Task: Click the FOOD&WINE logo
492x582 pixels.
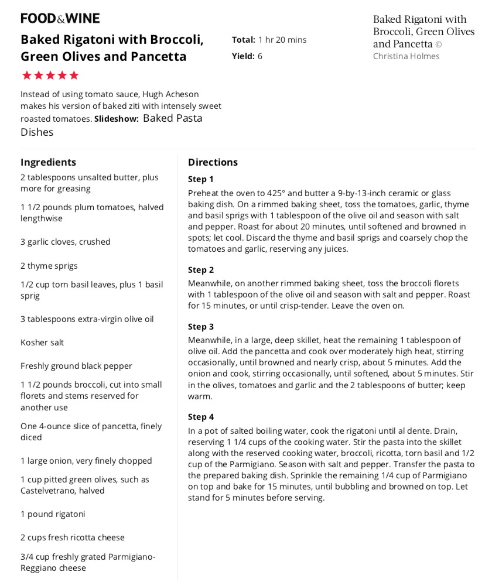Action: (60, 18)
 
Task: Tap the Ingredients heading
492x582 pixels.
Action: (48, 162)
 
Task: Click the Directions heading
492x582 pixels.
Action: (213, 162)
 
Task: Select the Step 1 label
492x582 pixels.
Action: (201, 179)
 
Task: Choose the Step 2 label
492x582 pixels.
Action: (201, 270)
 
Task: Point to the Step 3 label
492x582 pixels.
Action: (201, 327)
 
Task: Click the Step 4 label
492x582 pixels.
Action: (201, 417)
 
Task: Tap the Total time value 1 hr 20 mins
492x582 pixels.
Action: (282, 40)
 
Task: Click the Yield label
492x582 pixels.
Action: (243, 56)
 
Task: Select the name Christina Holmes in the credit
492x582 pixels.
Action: (406, 56)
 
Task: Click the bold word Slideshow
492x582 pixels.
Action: (117, 119)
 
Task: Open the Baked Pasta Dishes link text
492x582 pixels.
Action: (111, 125)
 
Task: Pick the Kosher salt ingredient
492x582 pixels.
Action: (42, 343)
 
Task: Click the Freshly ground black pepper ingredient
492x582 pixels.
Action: (76, 366)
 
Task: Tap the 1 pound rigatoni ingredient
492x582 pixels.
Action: (53, 514)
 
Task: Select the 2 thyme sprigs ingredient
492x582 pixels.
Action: (49, 266)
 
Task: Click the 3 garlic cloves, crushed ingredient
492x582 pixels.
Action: (66, 242)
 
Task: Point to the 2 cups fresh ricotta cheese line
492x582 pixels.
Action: (73, 538)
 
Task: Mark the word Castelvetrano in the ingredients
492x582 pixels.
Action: (49, 491)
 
